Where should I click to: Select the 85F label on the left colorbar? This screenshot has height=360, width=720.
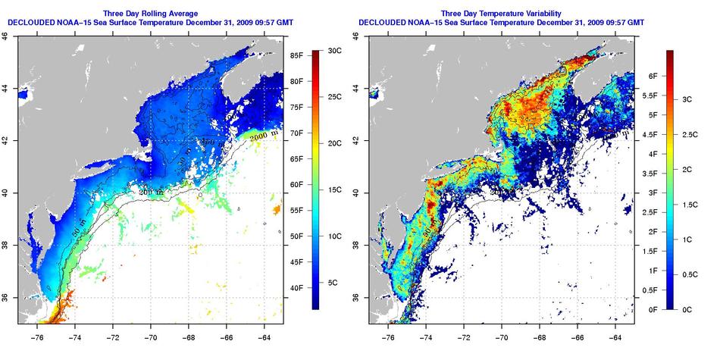pos(296,55)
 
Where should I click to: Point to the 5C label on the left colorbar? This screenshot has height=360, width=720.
pos(340,283)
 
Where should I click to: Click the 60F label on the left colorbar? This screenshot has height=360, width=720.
pos(296,185)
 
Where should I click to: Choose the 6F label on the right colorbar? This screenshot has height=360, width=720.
pos(651,77)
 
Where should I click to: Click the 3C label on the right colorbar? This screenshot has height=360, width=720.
pos(689,99)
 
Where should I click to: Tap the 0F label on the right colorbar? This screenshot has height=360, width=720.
pos(651,309)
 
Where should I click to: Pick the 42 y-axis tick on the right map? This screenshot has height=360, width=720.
pos(358,140)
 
